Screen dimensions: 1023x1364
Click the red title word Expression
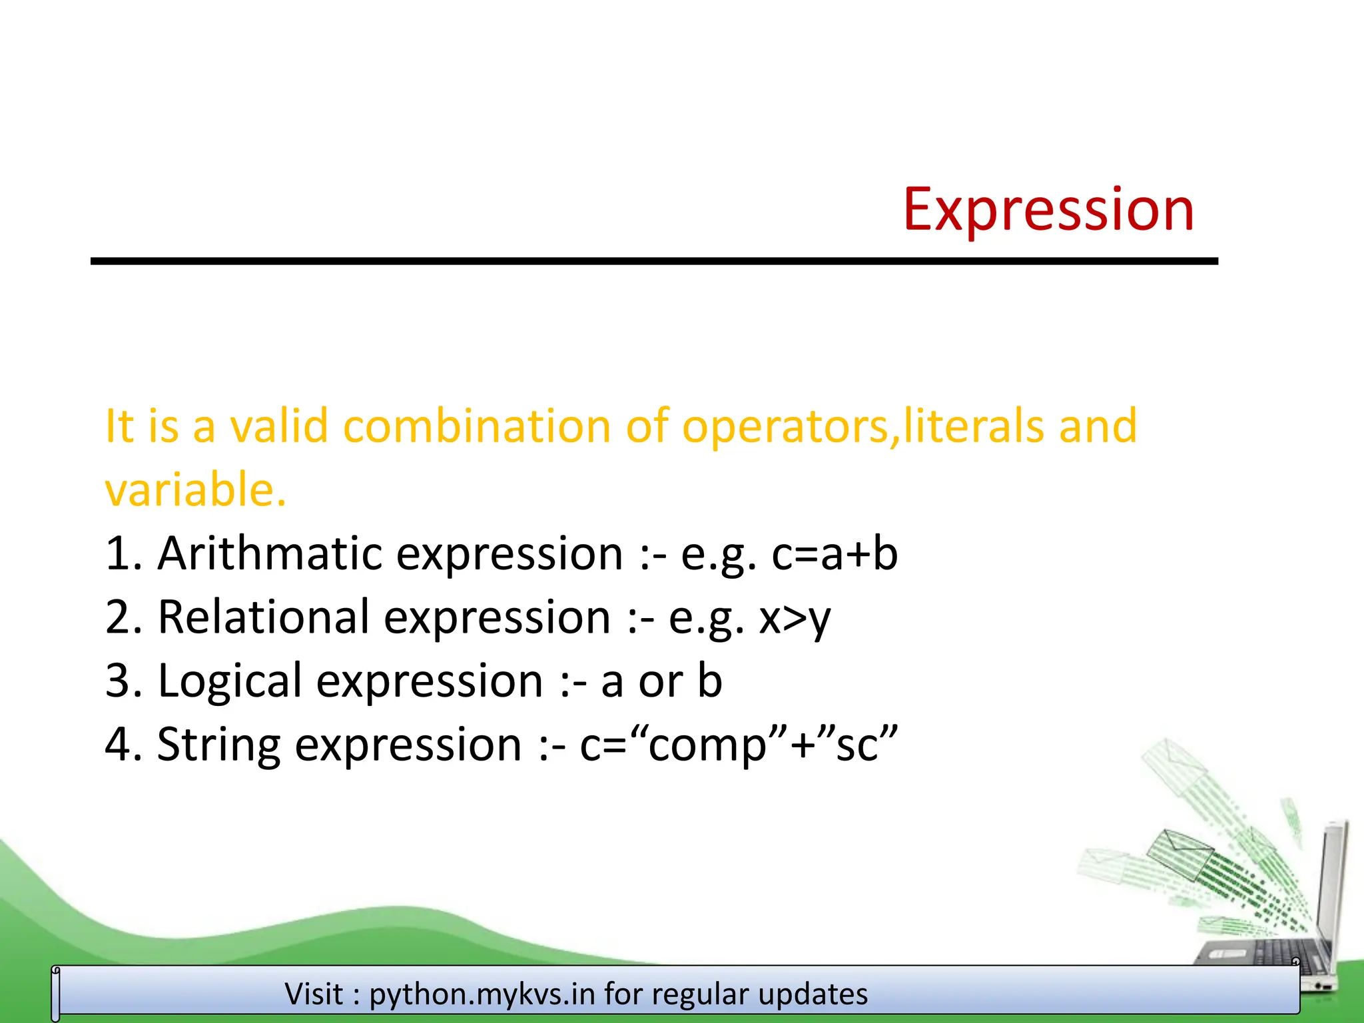pyautogui.click(x=1048, y=210)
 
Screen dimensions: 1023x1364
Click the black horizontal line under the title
pyautogui.click(x=654, y=262)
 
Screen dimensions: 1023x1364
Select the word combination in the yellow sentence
pyautogui.click(x=476, y=426)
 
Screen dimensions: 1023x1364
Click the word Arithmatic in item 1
pyautogui.click(x=270, y=553)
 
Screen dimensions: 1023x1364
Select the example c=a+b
pyautogui.click(x=834, y=553)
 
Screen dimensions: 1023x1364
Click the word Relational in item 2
pyautogui.click(x=263, y=617)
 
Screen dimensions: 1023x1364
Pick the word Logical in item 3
pyautogui.click(x=230, y=681)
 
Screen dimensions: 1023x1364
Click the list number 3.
pyautogui.click(x=119, y=681)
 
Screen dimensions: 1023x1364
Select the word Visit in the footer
pyautogui.click(x=314, y=994)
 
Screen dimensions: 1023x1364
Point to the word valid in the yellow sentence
pyautogui.click(x=279, y=426)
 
